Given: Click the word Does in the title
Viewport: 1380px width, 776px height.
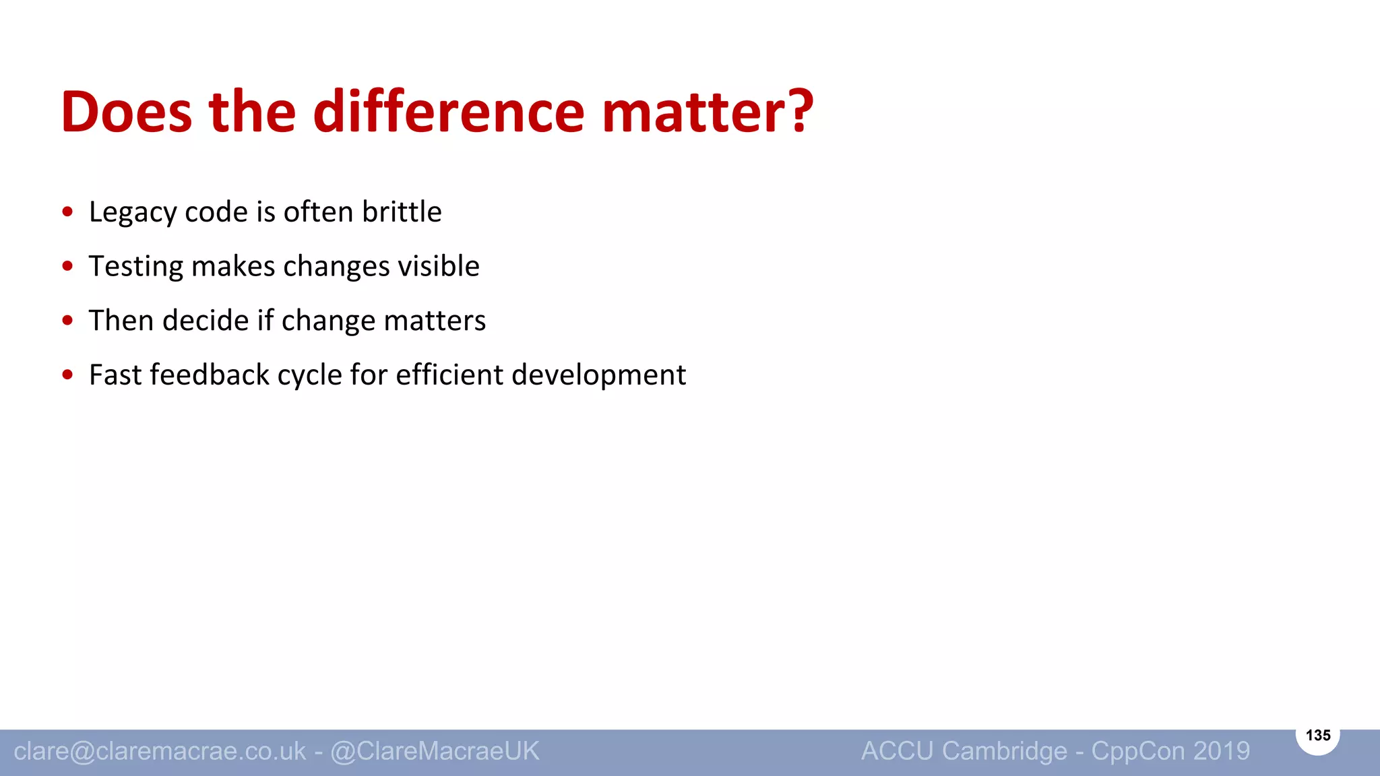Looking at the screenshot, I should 126,112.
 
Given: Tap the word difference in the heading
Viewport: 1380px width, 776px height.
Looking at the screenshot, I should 448,112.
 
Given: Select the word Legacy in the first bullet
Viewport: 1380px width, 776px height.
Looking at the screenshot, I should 133,213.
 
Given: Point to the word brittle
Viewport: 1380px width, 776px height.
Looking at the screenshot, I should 402,212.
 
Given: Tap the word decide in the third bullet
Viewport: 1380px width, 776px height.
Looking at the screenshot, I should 206,320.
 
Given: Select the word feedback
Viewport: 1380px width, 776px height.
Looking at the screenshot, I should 210,375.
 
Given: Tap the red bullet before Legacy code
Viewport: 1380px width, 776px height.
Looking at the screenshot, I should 67,212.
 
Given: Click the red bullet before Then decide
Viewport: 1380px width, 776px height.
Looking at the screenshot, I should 67,321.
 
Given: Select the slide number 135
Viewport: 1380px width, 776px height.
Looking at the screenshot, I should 1317,736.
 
